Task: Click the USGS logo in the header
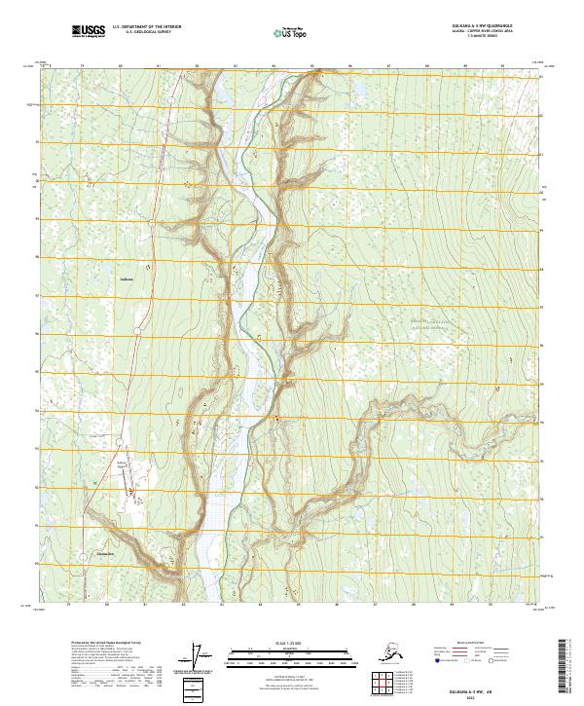click(x=88, y=32)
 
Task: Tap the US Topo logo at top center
click(x=286, y=32)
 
